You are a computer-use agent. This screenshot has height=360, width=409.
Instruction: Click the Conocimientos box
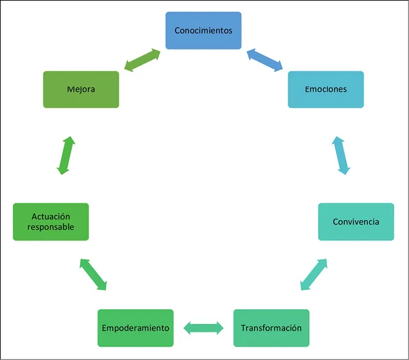[203, 30]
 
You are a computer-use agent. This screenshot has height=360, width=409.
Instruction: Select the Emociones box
[326, 89]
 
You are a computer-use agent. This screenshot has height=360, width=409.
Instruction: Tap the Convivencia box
[356, 221]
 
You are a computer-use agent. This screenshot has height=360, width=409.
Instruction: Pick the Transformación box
[271, 328]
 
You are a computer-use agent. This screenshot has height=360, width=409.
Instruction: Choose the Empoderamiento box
[135, 328]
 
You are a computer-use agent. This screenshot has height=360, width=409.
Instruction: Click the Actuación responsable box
[51, 221]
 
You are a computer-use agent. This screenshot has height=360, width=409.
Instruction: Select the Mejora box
[81, 89]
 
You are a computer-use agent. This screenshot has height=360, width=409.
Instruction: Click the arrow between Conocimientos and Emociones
[265, 58]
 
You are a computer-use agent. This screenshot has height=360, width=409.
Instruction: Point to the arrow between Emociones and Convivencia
[342, 155]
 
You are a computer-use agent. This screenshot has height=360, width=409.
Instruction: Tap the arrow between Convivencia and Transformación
[313, 275]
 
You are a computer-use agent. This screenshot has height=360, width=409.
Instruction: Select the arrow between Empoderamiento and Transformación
[203, 328]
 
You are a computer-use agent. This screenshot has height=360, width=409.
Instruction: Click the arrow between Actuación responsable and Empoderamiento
[93, 275]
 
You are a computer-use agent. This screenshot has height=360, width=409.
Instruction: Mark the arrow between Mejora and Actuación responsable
[66, 155]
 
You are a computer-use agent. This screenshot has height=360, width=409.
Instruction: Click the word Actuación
[51, 217]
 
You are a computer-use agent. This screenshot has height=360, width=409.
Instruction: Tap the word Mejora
[81, 89]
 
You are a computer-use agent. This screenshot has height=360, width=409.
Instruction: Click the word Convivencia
[356, 222]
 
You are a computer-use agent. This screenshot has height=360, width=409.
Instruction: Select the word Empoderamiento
[135, 328]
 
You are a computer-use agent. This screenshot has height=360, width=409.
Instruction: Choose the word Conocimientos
[203, 30]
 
